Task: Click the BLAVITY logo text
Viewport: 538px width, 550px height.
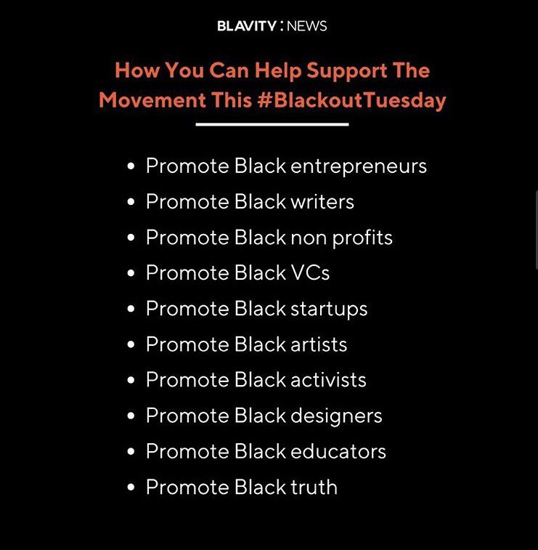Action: [246, 26]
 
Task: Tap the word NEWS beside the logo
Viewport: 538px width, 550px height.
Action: [307, 26]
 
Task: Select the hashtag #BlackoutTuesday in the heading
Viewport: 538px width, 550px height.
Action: [351, 100]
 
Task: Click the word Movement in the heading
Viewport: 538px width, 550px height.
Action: [152, 100]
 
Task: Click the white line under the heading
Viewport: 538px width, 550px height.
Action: [272, 124]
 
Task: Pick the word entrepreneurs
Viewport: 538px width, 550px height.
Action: [359, 166]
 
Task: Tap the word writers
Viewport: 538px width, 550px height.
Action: [322, 202]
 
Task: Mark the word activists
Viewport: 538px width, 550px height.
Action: [328, 380]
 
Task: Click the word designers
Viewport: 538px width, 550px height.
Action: [336, 416]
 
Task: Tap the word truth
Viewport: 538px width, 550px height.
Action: [314, 487]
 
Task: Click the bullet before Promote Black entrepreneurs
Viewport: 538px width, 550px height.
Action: [131, 167]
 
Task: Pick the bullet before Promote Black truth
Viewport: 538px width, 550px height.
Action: [131, 488]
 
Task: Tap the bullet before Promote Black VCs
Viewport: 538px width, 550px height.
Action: [131, 274]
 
